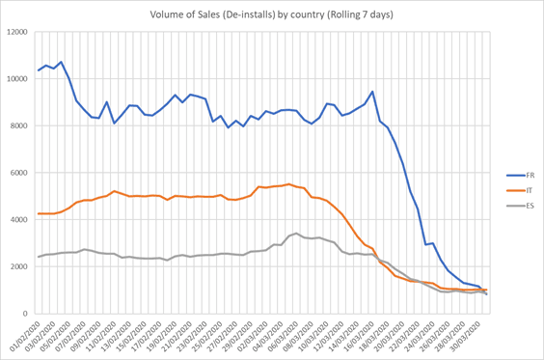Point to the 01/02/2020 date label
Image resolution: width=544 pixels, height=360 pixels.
coord(24,335)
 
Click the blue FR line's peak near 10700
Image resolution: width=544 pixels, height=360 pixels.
coord(61,62)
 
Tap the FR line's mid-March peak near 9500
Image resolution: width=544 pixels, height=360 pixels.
coord(372,92)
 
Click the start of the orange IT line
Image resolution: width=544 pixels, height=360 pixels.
coord(39,213)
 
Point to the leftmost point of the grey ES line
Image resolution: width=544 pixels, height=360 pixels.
coord(39,257)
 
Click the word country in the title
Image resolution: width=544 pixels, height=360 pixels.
coord(319,14)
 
